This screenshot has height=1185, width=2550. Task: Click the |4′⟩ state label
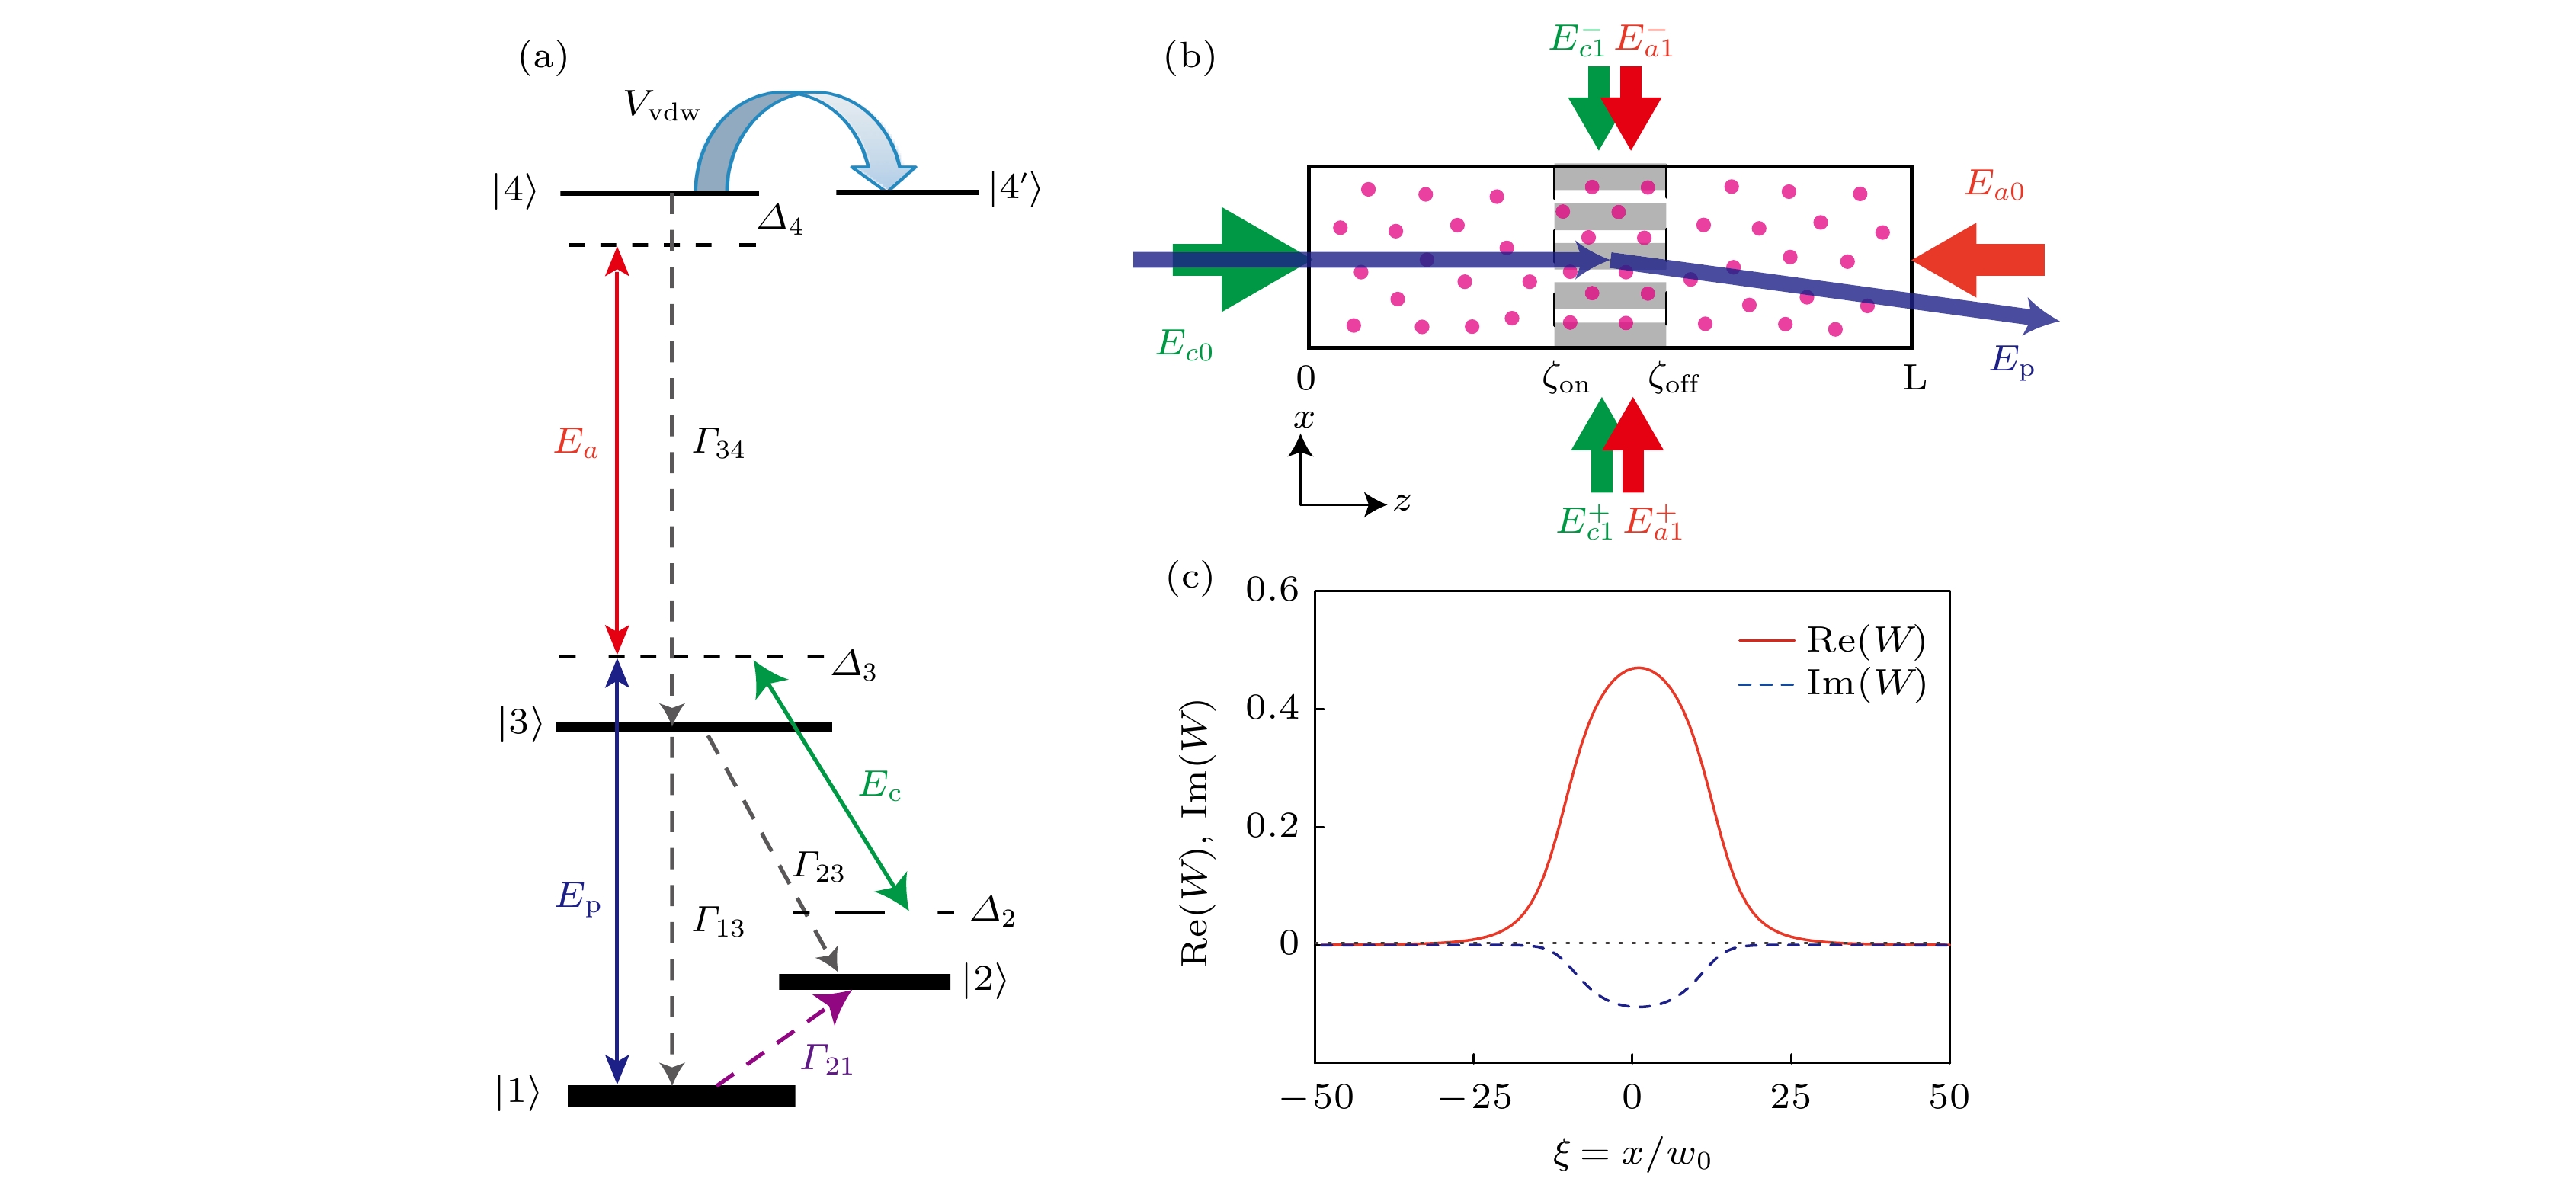(1014, 188)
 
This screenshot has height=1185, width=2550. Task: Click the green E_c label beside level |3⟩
(879, 785)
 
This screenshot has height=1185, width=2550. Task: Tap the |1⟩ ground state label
(517, 1092)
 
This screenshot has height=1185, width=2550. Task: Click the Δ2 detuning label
(993, 911)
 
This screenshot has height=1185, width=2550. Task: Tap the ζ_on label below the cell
(1565, 380)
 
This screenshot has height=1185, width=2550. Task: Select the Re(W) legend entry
(1831, 641)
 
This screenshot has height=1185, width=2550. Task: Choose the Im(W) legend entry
(1831, 683)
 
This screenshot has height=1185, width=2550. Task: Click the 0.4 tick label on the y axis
(1271, 708)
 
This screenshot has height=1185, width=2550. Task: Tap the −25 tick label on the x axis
(1475, 1097)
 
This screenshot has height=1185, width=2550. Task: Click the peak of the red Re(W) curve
(1639, 668)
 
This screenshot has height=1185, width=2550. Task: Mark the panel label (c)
(1189, 576)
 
